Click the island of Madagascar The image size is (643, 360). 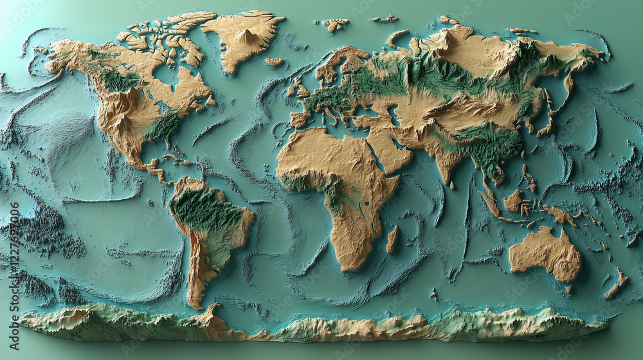tap(392, 239)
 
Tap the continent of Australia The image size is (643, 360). tap(545, 253)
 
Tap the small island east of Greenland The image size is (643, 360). tap(275, 62)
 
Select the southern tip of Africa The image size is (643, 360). tap(350, 264)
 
